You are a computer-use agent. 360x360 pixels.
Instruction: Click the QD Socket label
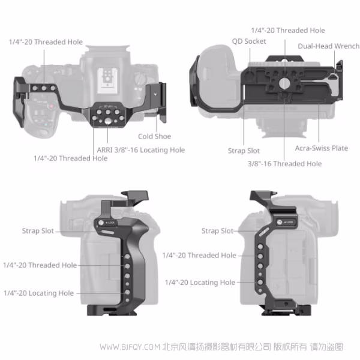[249, 41]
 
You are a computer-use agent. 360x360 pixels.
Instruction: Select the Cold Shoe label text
[154, 136]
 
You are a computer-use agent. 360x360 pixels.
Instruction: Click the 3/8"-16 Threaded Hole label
[284, 163]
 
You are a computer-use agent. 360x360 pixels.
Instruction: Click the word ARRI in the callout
[103, 150]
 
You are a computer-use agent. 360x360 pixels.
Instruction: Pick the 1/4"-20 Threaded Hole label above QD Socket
[287, 30]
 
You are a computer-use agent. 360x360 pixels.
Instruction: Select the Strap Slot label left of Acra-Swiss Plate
[244, 151]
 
